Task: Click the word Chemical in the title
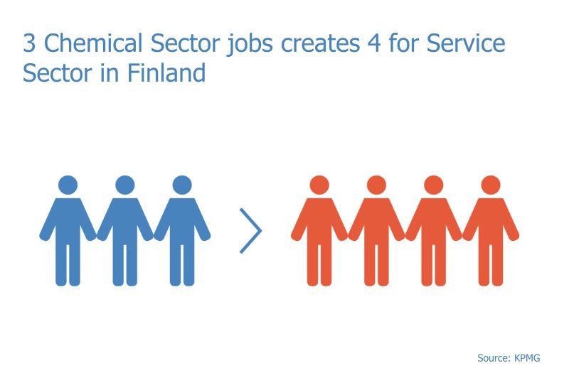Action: click(x=93, y=43)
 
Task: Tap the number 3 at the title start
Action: click(x=29, y=43)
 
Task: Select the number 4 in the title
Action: click(x=374, y=43)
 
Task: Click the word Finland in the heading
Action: click(x=166, y=72)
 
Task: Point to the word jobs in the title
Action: click(x=250, y=45)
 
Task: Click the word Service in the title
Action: click(x=466, y=43)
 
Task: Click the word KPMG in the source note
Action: click(x=527, y=358)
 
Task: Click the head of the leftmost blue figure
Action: click(x=68, y=185)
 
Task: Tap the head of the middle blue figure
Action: click(x=125, y=185)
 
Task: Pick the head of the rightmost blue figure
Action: click(x=182, y=185)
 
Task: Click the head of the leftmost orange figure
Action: click(x=319, y=185)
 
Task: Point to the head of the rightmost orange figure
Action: click(x=491, y=185)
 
